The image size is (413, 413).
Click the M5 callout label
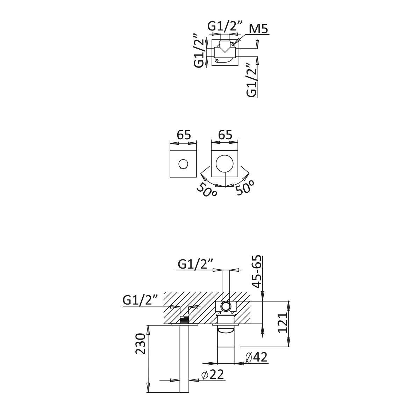tap(258, 29)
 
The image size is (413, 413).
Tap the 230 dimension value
tap(140, 344)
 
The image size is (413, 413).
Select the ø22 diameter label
tap(212, 375)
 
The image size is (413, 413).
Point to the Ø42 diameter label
tap(256, 357)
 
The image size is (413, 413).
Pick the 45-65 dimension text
tap(257, 272)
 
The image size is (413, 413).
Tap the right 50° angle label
tap(244, 187)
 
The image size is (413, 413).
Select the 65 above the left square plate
tap(184, 135)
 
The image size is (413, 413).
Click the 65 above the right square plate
tap(225, 135)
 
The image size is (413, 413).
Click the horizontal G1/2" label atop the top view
tap(225, 26)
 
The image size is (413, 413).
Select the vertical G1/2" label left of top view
tap(199, 50)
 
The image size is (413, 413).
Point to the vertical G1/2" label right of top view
tap(251, 80)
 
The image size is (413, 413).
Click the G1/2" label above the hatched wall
tap(195, 264)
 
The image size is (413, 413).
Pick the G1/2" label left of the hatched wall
tap(140, 300)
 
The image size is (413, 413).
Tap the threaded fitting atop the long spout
tap(184, 320)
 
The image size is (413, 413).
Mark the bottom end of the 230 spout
tap(184, 392)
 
